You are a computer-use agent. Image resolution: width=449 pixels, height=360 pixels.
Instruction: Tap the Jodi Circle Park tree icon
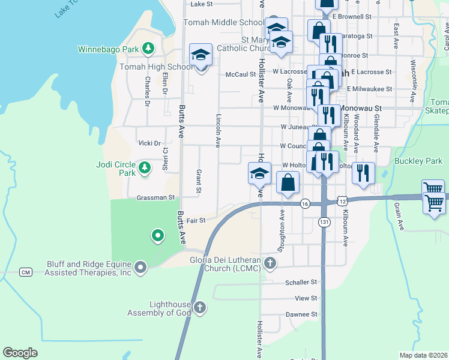coord(144,169)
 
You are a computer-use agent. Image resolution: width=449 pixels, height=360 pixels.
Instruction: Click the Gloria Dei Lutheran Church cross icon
coord(271,263)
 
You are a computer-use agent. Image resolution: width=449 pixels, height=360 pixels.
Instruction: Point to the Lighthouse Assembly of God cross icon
coord(200,308)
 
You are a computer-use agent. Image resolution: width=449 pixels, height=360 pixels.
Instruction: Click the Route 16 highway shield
coord(305,203)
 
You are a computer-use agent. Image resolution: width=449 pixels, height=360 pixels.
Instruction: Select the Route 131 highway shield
coord(324,222)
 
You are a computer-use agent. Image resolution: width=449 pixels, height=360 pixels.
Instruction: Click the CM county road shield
coord(25,272)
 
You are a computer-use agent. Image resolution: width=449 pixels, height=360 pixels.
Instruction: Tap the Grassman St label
coord(155,197)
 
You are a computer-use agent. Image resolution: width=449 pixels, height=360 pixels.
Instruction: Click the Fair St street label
coord(196,221)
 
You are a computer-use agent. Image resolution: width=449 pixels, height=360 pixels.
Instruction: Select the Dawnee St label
coord(305,314)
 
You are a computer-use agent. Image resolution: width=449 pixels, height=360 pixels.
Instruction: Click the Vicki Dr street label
coord(149,143)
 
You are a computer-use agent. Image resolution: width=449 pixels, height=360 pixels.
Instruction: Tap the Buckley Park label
coord(418,161)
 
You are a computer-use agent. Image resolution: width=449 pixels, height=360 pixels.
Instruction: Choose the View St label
coord(306,298)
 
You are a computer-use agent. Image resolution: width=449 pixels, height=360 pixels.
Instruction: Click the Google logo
coord(20,353)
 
